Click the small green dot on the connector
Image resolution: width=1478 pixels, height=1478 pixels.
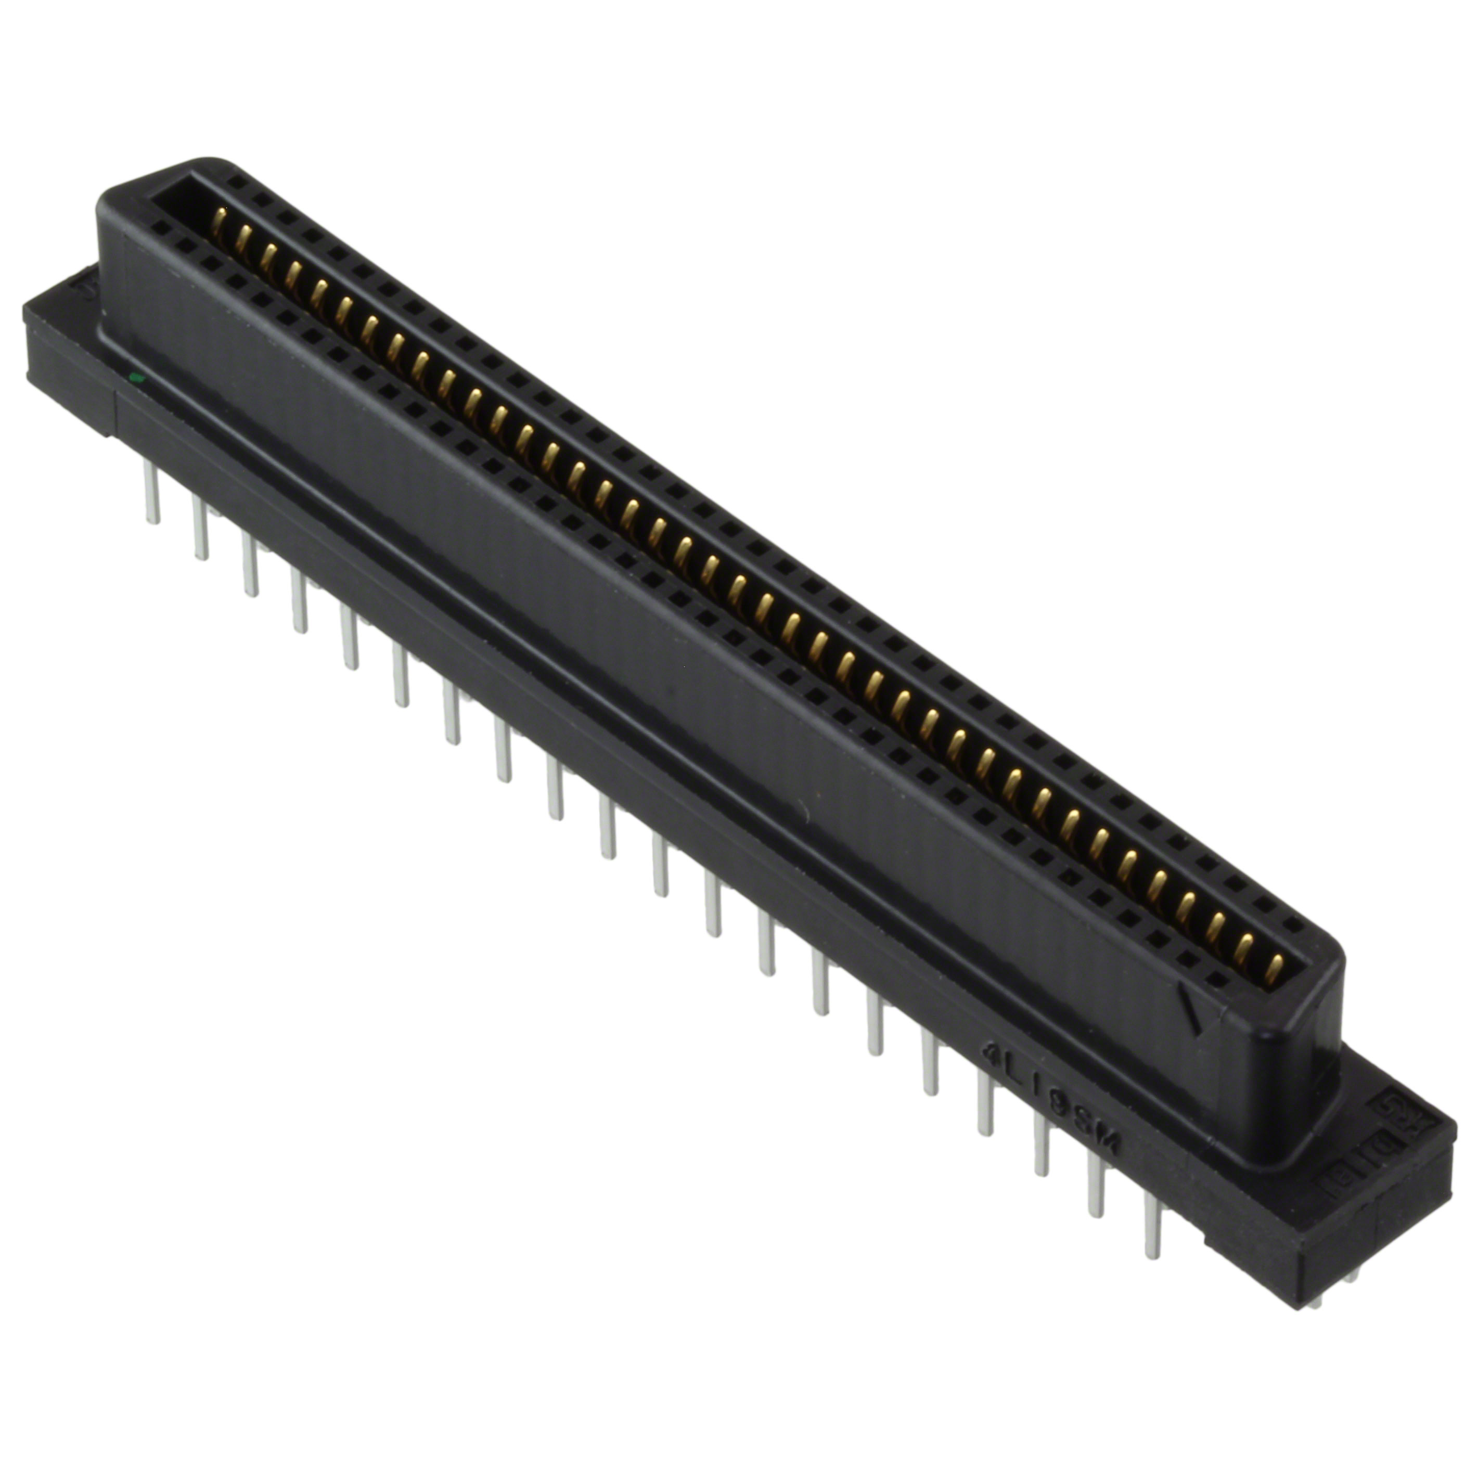[x=135, y=377]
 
